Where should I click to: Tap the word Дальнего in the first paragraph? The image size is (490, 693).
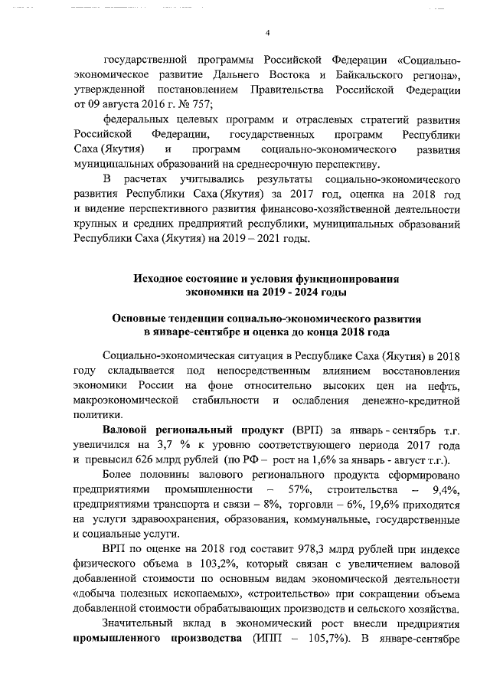tap(239, 75)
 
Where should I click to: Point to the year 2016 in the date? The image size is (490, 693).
tap(143, 106)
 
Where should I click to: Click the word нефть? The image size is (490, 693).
tap(444, 384)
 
